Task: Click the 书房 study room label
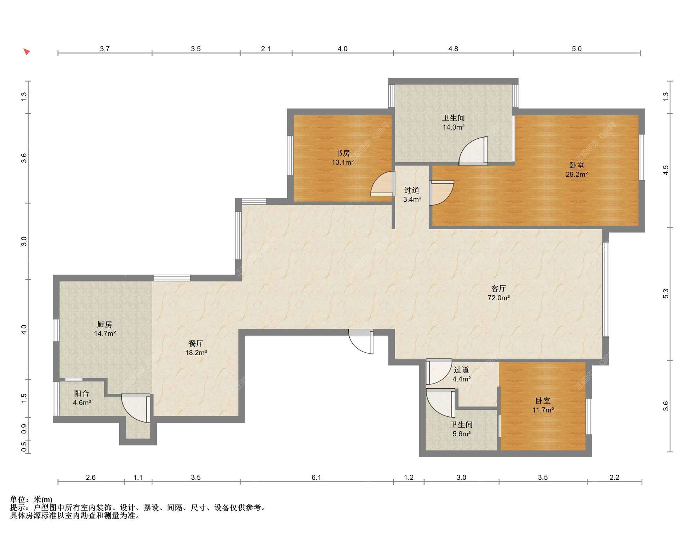[342, 153]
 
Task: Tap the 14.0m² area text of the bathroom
[453, 127]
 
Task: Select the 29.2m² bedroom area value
[577, 174]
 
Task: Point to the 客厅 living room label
[498, 289]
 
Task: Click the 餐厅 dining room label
[196, 343]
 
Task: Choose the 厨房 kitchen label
[105, 324]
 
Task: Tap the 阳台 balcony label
[82, 393]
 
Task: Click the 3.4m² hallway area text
[412, 199]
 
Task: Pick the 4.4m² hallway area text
[461, 379]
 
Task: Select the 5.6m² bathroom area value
[461, 434]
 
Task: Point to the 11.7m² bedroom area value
[543, 410]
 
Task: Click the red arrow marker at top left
[27, 51]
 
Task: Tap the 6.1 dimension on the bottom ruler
[316, 477]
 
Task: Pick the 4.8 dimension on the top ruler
[453, 49]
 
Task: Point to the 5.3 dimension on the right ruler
[665, 294]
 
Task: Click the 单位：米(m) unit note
[31, 500]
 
